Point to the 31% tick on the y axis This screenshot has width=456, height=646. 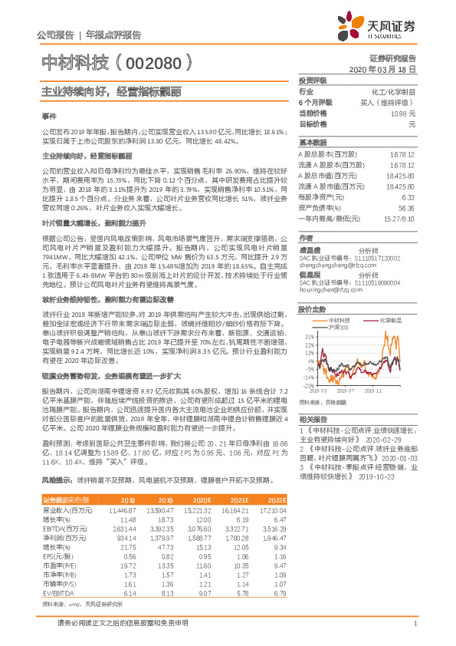coord(309,336)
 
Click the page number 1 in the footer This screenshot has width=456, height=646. coord(414,623)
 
